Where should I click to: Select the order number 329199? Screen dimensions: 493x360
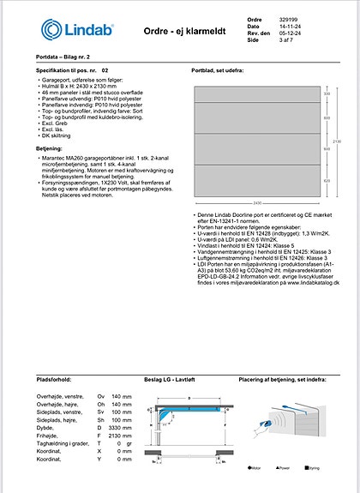tap(289, 18)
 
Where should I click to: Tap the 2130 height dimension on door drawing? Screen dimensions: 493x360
tap(338, 142)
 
